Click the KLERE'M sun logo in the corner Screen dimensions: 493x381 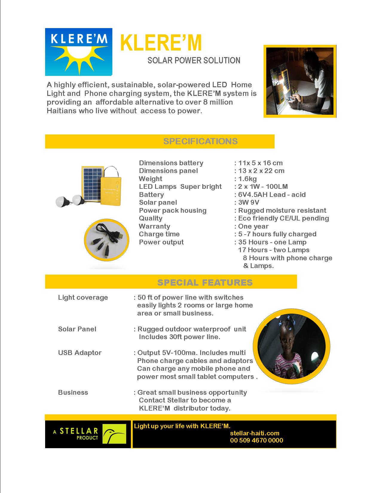click(x=79, y=52)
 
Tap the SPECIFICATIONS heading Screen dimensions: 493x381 click(x=200, y=141)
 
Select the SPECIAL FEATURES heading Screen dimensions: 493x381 click(x=205, y=282)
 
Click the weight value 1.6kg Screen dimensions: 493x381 click(x=247, y=179)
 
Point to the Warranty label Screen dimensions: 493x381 click(x=154, y=226)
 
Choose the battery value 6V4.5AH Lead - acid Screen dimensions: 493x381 click(x=272, y=195)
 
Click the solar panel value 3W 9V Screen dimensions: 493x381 click(x=249, y=202)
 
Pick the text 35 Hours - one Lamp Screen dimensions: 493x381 click(x=272, y=242)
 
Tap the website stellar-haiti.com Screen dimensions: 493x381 click(x=255, y=433)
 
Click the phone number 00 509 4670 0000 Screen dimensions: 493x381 click(x=256, y=440)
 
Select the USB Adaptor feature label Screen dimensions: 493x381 click(x=80, y=353)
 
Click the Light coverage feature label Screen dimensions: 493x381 click(x=83, y=297)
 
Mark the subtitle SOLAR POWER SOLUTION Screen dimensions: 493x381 click(x=194, y=60)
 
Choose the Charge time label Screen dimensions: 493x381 click(x=159, y=234)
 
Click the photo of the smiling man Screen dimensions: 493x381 click(x=300, y=81)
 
